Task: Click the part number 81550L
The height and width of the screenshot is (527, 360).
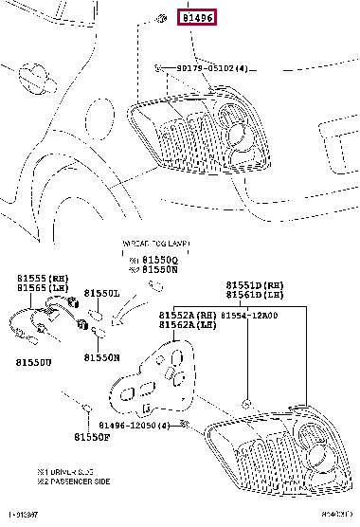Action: click(101, 294)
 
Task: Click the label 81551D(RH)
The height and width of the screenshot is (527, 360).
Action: click(254, 284)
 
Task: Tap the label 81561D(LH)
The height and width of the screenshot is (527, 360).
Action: click(254, 295)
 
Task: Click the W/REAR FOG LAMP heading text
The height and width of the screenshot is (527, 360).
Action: click(151, 244)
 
